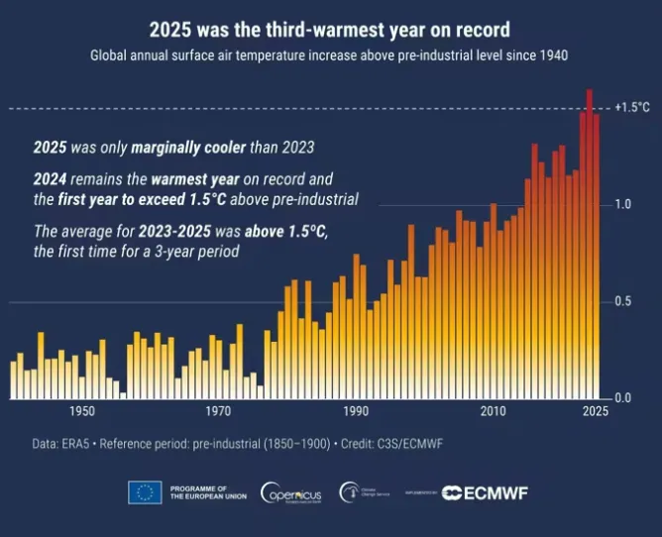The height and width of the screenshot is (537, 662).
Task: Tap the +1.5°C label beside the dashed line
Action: tap(632, 107)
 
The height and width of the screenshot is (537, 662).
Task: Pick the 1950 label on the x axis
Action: tap(82, 411)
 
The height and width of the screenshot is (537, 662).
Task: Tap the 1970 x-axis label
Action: tap(219, 411)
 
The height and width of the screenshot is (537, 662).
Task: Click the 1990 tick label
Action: tap(356, 411)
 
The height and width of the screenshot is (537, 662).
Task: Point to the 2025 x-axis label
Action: tap(595, 411)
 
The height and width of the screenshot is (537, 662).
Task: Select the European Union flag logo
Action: tap(145, 491)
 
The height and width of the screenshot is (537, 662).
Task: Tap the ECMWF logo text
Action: tap(485, 492)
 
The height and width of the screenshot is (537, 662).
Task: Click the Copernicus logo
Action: tap(289, 492)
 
